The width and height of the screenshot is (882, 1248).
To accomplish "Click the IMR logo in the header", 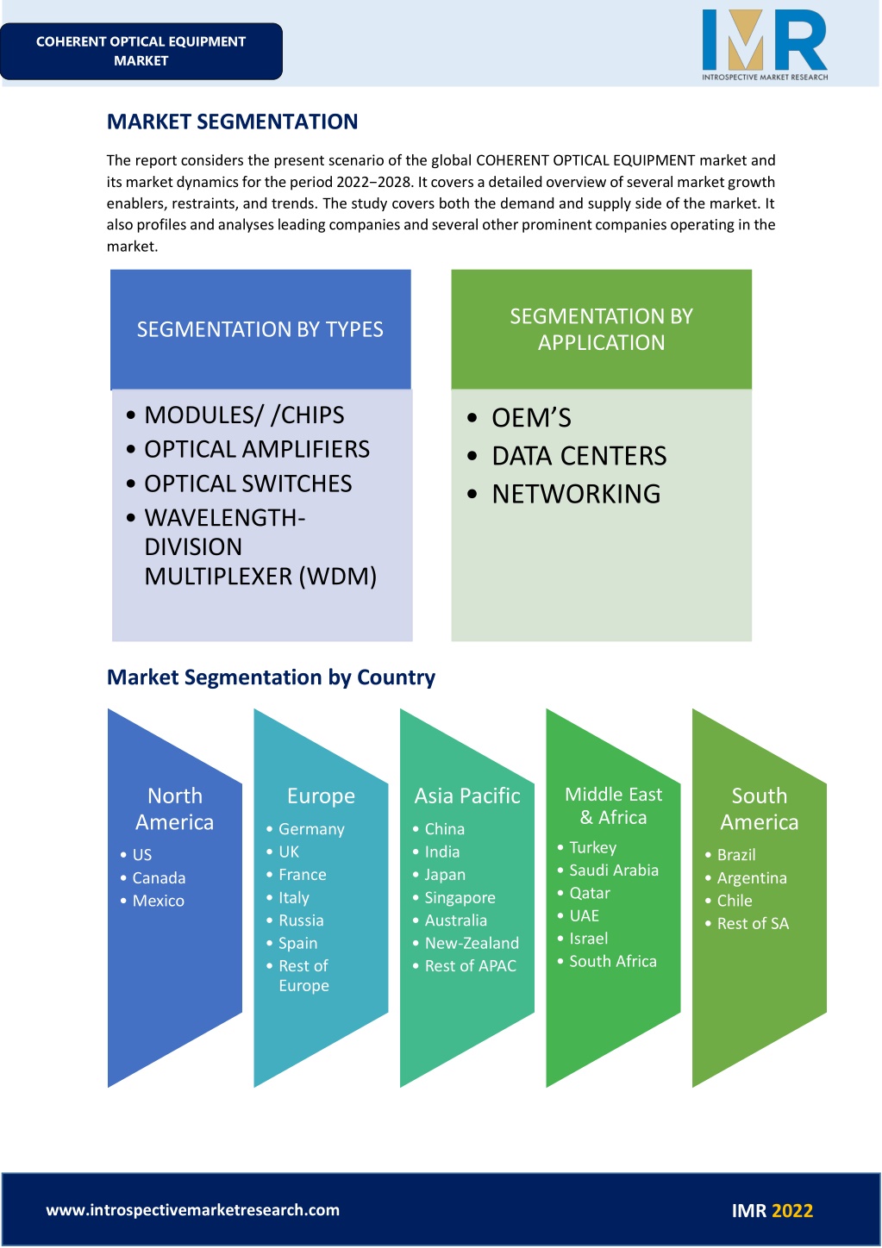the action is pos(765,45).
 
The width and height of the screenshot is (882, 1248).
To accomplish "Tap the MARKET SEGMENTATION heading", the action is pos(232,122).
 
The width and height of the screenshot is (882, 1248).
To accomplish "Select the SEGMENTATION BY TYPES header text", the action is pos(260,329).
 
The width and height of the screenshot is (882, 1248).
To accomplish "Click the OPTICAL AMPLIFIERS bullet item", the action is pos(257,449).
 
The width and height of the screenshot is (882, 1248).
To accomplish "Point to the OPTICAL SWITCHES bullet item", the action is pos(248,484).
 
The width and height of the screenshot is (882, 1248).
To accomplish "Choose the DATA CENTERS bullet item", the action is pos(579,456).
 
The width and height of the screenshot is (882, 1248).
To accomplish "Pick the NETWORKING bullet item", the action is pos(576,494).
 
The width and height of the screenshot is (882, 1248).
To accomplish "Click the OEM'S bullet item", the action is pos(531,418).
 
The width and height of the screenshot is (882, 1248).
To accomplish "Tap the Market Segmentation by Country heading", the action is pos(271,677).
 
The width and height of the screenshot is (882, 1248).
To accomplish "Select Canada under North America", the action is pos(159,877).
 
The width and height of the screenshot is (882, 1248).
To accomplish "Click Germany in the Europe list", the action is pos(311,829).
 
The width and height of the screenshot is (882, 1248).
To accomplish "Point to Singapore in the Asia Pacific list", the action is pos(460,897).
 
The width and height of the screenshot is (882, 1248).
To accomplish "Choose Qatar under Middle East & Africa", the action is pos(590,893).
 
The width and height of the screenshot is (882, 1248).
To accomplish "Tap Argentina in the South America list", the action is pos(752,878).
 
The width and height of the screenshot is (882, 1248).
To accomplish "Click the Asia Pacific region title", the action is pos(467,796).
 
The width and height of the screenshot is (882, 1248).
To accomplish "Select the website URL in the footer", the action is pos(193,1210).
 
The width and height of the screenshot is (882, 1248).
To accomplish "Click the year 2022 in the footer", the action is pos(792,1211).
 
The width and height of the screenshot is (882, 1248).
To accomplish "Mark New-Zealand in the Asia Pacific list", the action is pos(472,943).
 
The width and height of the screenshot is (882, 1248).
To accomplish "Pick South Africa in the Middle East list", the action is pos(613,961).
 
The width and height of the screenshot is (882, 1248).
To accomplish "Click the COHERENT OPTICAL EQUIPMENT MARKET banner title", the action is pos(141,51).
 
